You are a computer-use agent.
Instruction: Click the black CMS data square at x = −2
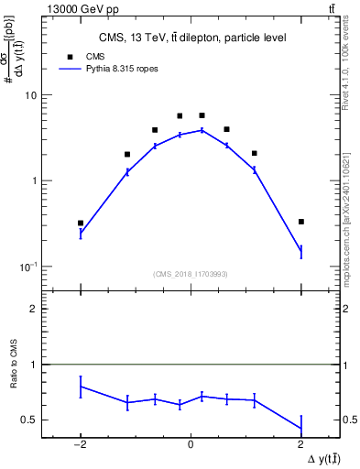click(81, 223)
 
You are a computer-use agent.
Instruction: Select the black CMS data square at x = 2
click(300, 222)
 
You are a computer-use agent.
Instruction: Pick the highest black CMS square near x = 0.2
click(202, 115)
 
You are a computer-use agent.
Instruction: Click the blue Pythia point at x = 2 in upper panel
click(300, 251)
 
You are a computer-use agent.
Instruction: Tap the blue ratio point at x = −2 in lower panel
click(81, 387)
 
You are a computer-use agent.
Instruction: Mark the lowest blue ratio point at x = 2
click(300, 428)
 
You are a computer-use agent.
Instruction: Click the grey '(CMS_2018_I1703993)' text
click(191, 274)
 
